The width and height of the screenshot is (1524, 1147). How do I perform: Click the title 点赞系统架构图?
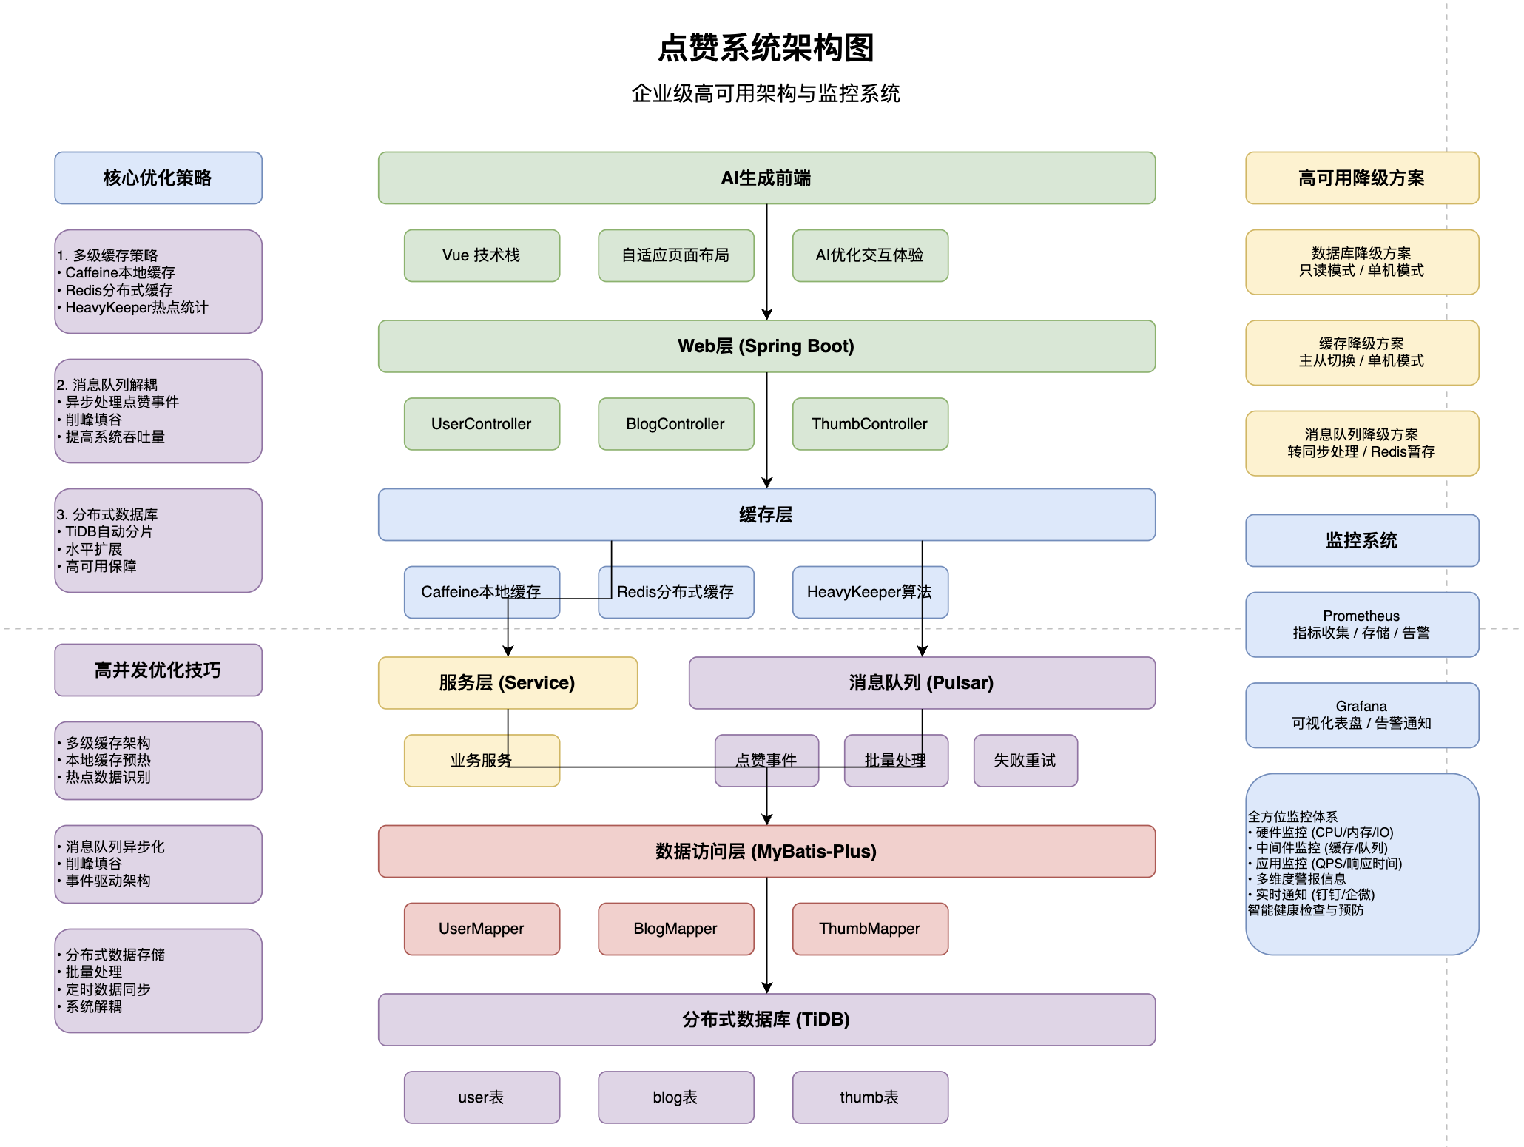766,48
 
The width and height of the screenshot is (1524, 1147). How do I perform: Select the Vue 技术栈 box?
482,255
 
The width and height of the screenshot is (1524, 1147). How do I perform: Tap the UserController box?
482,424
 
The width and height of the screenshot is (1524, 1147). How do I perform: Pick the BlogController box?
675,424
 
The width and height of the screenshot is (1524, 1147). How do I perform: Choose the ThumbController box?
869,424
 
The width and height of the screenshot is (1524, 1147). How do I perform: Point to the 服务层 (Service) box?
508,682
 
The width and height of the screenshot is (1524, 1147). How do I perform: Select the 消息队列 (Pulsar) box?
921,682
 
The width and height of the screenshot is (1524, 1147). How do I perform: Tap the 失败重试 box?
1025,761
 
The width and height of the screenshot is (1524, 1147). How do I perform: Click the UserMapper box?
482,929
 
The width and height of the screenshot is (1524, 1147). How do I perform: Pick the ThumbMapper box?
869,929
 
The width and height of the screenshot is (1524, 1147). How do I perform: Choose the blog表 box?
675,1097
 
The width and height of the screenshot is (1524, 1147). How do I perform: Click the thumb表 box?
869,1097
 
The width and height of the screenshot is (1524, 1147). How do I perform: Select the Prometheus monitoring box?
1361,624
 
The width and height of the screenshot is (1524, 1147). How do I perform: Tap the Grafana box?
1361,715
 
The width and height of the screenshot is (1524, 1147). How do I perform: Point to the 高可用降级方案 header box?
1361,178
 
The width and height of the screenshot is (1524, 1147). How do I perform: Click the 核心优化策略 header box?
158,178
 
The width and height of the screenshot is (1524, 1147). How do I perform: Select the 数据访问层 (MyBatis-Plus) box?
766,851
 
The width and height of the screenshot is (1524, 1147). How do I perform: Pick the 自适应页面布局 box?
675,255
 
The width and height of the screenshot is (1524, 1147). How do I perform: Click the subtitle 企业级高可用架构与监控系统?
766,93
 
